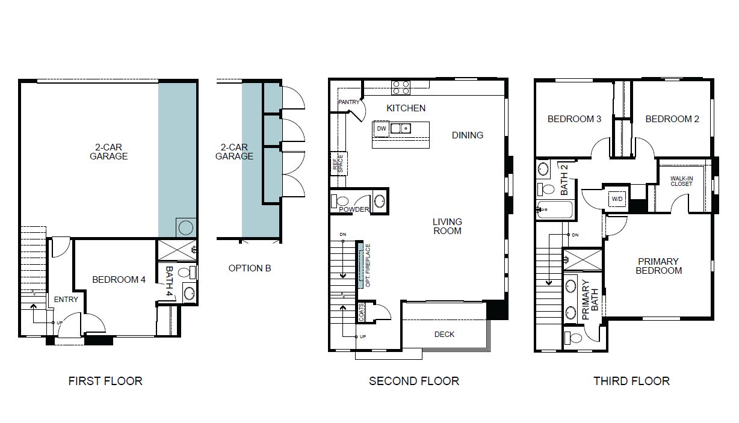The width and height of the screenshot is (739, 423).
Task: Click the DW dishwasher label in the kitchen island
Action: [x=382, y=128]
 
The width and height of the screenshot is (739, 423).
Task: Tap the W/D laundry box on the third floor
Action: [x=617, y=199]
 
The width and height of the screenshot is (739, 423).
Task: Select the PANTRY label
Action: [x=348, y=102]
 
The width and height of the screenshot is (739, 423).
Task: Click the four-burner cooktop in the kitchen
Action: [x=401, y=87]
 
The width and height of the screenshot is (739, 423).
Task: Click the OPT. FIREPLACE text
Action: [x=368, y=265]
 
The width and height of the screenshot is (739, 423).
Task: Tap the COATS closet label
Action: [x=361, y=312]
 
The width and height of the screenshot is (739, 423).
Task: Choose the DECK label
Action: [x=444, y=334]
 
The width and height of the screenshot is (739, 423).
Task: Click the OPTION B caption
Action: [x=250, y=268]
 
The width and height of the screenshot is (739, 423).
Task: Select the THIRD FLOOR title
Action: [x=631, y=381]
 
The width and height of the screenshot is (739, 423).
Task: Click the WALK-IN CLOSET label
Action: [x=682, y=181]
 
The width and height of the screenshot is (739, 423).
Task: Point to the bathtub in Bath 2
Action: [x=555, y=210]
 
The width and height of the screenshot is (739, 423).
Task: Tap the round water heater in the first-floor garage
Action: [x=186, y=227]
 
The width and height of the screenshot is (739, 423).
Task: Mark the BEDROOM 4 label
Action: [x=119, y=280]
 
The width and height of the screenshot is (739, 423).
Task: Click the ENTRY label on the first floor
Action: [x=66, y=300]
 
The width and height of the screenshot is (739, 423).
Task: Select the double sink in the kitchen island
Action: [x=401, y=128]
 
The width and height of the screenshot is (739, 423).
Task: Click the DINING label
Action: [x=468, y=135]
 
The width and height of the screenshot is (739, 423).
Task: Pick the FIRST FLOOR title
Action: [x=105, y=381]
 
